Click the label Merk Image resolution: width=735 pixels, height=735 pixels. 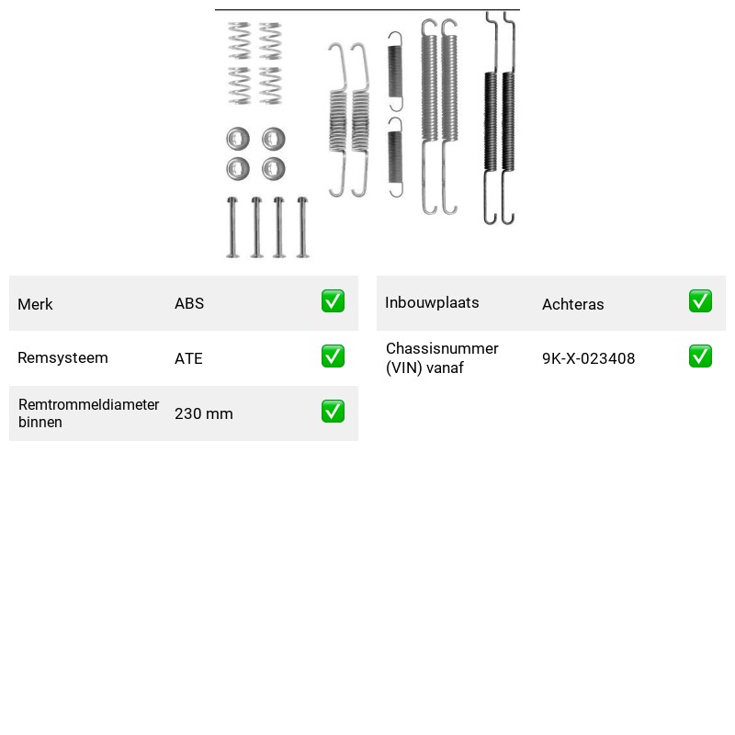point(35,304)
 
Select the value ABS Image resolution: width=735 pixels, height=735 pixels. point(189,303)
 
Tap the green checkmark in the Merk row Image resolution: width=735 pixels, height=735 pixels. point(333,301)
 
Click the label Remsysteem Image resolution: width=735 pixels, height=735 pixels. point(62,357)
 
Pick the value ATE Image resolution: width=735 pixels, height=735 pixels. point(188,358)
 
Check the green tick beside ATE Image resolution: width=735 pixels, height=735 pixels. point(333,356)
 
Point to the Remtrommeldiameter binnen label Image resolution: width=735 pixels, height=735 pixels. point(88,413)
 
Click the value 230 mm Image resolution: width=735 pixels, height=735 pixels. point(203,413)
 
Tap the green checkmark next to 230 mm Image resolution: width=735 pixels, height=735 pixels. point(333,411)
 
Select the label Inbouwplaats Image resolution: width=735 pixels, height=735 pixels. point(432,303)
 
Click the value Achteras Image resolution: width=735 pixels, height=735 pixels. point(572,304)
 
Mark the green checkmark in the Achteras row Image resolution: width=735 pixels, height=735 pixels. point(700,301)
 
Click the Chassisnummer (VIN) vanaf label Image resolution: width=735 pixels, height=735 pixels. point(442,358)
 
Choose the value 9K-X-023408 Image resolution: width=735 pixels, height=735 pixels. point(588,358)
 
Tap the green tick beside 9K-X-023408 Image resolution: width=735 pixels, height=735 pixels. point(700,356)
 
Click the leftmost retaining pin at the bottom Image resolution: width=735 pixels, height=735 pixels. point(232,227)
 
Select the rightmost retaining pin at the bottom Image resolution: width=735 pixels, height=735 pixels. point(302,227)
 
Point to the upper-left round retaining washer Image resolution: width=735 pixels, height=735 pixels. point(238,139)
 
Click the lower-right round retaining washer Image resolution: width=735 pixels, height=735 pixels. point(274,169)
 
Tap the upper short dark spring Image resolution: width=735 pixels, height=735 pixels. point(395,72)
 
